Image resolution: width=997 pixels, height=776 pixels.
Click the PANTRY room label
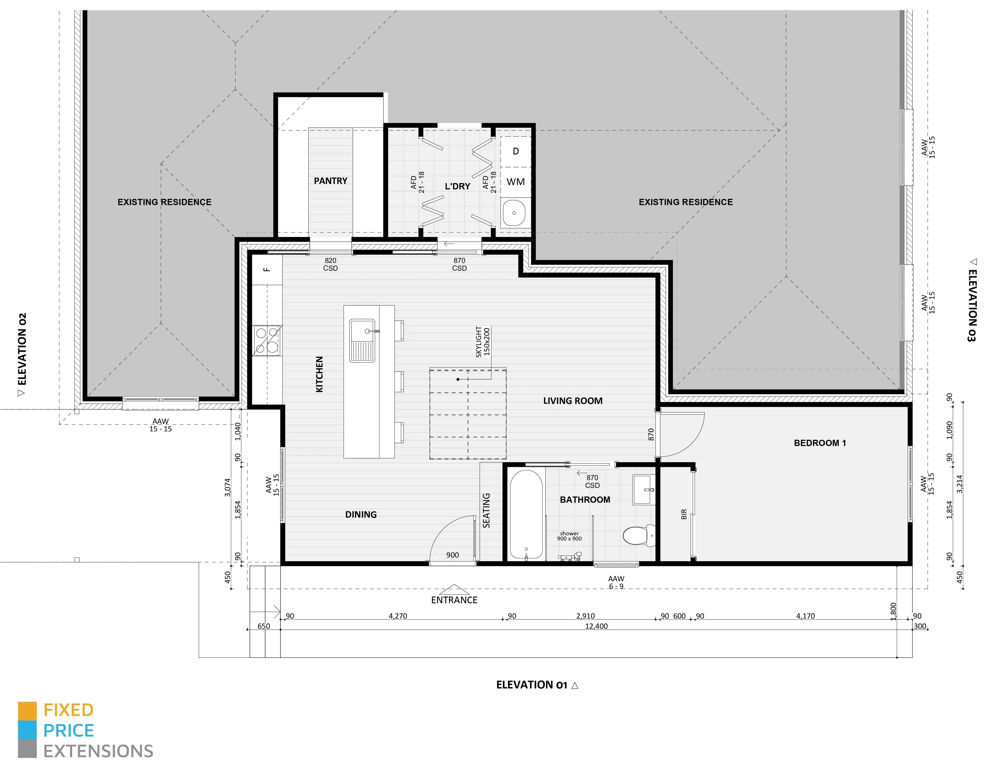(331, 181)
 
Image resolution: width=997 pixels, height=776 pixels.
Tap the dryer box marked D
(516, 151)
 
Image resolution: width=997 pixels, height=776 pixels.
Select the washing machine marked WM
(516, 182)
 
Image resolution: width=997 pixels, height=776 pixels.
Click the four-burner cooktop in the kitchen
(267, 340)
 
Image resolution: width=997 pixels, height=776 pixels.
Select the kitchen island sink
(362, 340)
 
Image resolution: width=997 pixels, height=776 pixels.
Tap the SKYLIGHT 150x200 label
(482, 341)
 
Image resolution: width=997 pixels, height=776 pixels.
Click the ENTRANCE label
(454, 600)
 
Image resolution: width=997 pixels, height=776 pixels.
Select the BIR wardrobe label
(684, 514)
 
